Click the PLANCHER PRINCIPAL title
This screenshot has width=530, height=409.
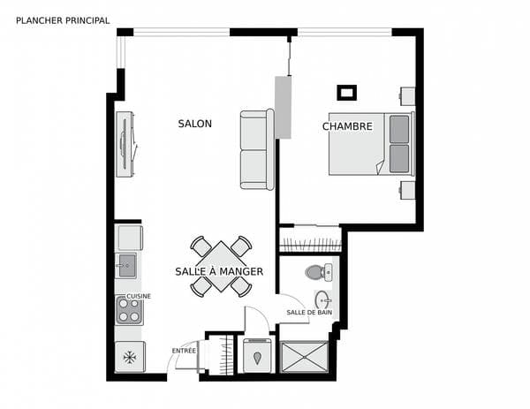click(63, 20)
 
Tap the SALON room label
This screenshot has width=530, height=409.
click(195, 124)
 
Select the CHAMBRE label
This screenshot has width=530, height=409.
click(347, 126)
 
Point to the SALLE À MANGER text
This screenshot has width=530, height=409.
click(219, 271)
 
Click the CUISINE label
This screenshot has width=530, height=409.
click(139, 296)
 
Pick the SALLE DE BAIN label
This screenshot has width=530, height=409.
click(309, 313)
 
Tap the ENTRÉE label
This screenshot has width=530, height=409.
click(184, 351)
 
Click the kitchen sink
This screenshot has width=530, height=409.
click(126, 265)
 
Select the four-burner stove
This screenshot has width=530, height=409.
click(129, 310)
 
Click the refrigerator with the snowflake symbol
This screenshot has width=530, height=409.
click(130, 357)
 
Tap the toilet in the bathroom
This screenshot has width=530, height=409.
click(319, 272)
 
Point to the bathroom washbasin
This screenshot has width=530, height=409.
click(323, 300)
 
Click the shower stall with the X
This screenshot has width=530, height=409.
click(304, 357)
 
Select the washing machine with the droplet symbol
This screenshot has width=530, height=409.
click(257, 356)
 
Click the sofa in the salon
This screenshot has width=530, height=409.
click(257, 149)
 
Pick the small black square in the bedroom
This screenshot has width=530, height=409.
click(347, 93)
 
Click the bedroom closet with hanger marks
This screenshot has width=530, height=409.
click(311, 239)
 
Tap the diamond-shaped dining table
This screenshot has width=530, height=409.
click(221, 267)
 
